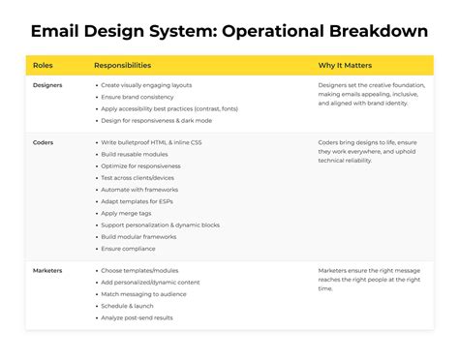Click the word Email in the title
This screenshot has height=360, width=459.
click(56, 31)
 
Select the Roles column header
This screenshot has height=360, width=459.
click(43, 66)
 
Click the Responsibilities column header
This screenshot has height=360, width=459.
click(122, 66)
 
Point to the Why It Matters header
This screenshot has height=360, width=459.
click(345, 66)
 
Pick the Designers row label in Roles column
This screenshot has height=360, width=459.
click(48, 86)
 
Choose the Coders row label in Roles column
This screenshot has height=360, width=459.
click(44, 142)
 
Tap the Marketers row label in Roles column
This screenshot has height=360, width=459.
click(47, 270)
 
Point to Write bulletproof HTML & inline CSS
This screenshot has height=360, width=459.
click(154, 142)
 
